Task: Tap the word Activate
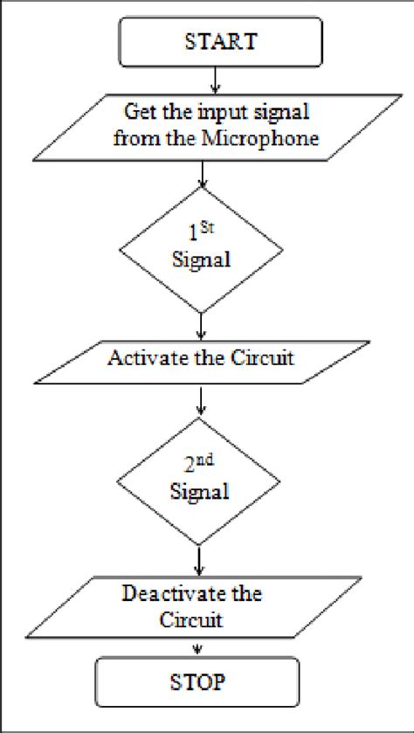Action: tap(144, 358)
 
